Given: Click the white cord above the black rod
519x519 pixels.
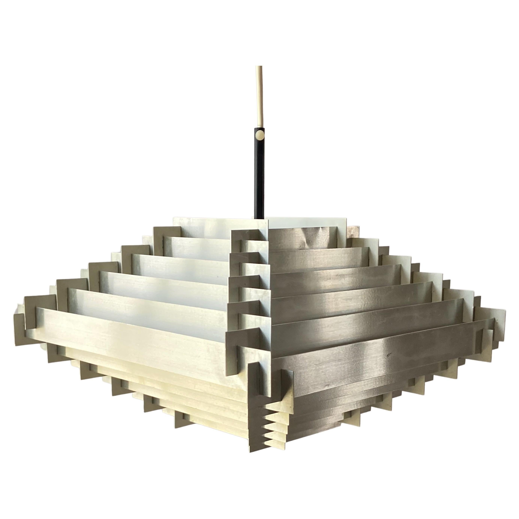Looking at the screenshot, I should [259, 94].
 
